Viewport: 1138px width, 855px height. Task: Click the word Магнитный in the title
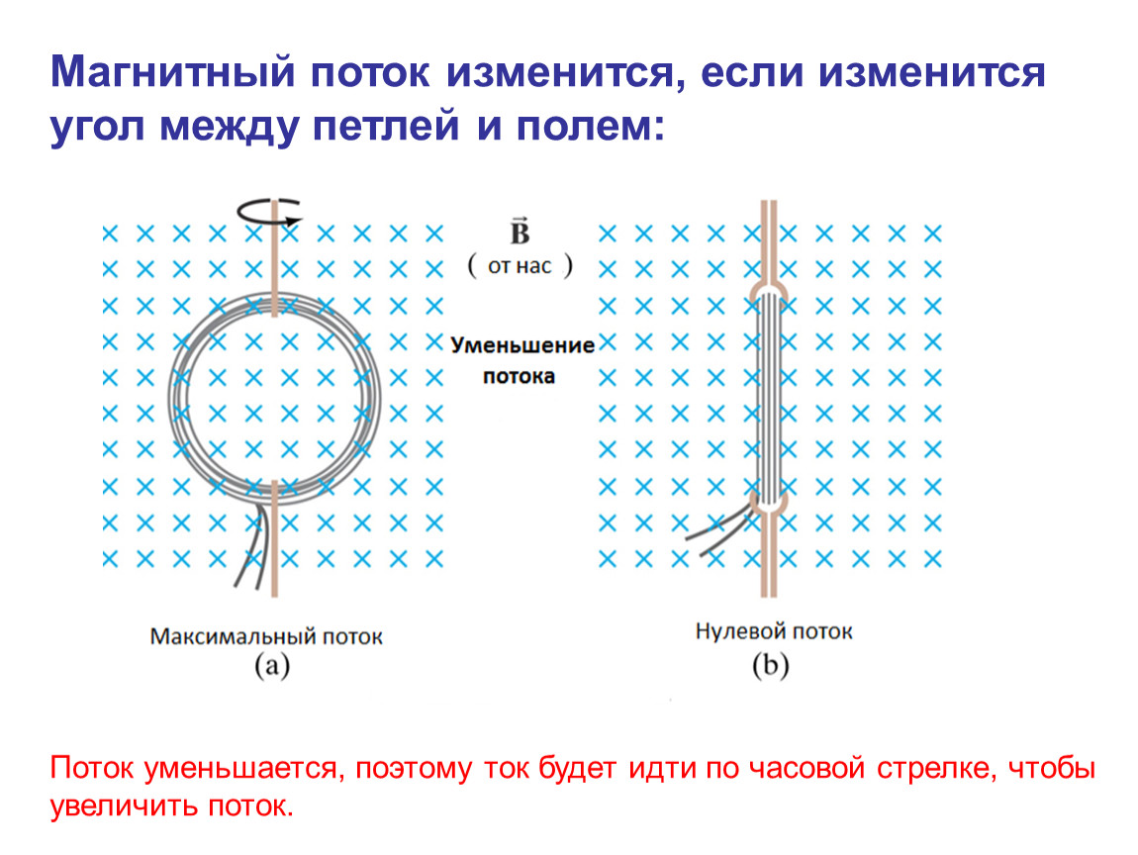pyautogui.click(x=173, y=72)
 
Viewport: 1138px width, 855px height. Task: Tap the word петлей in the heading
pyautogui.click(x=386, y=126)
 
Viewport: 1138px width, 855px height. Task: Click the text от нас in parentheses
pyautogui.click(x=520, y=265)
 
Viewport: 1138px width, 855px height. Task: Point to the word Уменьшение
pyautogui.click(x=522, y=344)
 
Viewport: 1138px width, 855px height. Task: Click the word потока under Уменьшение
pyautogui.click(x=519, y=376)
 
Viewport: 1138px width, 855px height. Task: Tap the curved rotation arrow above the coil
pyautogui.click(x=268, y=211)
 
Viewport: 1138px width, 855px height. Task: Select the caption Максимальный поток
pyautogui.click(x=266, y=636)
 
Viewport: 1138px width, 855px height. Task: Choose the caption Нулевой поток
pyautogui.click(x=774, y=631)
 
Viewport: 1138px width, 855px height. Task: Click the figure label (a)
pyautogui.click(x=272, y=666)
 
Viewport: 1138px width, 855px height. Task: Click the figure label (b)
pyautogui.click(x=770, y=666)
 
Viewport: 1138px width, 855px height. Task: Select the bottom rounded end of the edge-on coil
pyautogui.click(x=769, y=503)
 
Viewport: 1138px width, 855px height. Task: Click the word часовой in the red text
pyautogui.click(x=806, y=768)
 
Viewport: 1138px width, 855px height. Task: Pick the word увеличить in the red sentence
pyautogui.click(x=126, y=806)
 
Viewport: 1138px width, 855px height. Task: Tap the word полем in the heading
pyautogui.click(x=591, y=126)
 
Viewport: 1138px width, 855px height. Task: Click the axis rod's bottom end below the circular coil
pyautogui.click(x=274, y=596)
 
